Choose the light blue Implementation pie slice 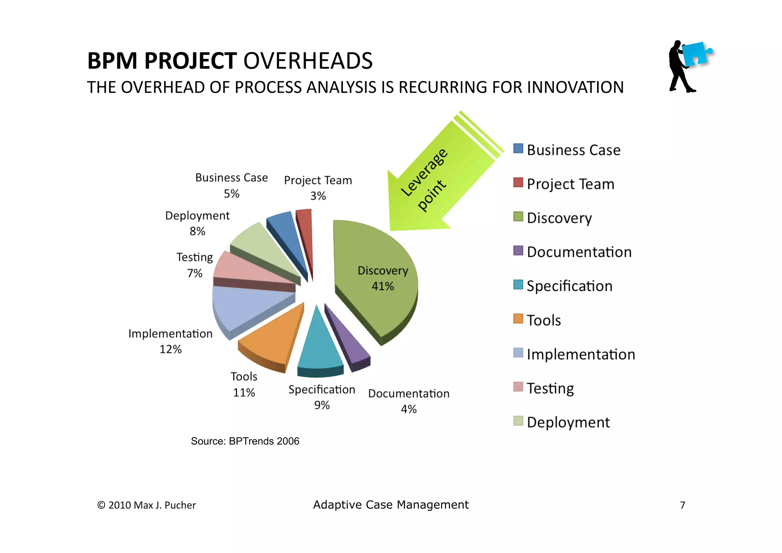click(x=241, y=306)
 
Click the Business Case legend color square click(x=518, y=149)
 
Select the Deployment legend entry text click(x=568, y=422)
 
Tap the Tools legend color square click(x=518, y=319)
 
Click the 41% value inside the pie click(x=383, y=286)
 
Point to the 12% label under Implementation click(x=170, y=349)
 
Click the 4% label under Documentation click(x=409, y=409)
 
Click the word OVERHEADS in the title click(x=308, y=61)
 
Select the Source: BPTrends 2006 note click(x=245, y=441)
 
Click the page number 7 click(x=683, y=505)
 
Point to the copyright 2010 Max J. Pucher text click(x=147, y=505)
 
